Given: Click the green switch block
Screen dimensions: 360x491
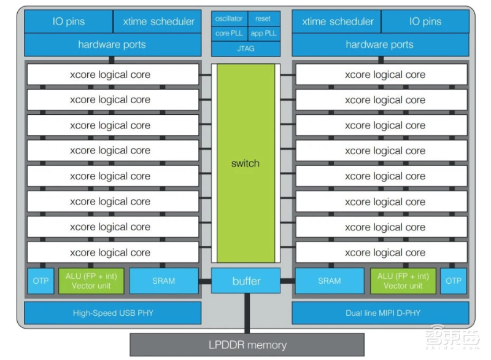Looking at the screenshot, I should coord(245,163).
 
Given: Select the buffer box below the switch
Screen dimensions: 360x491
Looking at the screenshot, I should coord(245,281).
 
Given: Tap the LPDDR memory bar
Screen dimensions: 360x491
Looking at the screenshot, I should coord(246,345).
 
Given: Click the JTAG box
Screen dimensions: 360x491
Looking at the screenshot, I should coord(245,48).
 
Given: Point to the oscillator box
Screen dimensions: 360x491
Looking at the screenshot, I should coord(229,18).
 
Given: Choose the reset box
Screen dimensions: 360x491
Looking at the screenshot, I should coord(263,18).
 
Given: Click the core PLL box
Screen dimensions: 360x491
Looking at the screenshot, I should coord(229,33).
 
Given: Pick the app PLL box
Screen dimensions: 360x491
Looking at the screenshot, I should coord(263,33).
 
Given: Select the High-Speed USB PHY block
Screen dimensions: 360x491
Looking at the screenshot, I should coord(112,313).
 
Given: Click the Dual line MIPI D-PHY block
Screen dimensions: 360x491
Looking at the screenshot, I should coord(379,313).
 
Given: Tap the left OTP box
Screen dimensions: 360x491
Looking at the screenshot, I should coord(39,281).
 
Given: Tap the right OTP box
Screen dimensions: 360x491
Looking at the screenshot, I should coord(453,281).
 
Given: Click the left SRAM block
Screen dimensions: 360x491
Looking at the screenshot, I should coord(163,281).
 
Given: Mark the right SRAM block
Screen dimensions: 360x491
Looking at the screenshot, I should coord(329,281).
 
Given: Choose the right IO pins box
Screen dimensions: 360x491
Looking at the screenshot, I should coord(425,22).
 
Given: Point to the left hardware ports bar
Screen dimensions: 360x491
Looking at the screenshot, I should coord(112,45).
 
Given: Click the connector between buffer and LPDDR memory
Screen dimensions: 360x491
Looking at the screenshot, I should coord(246,313).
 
